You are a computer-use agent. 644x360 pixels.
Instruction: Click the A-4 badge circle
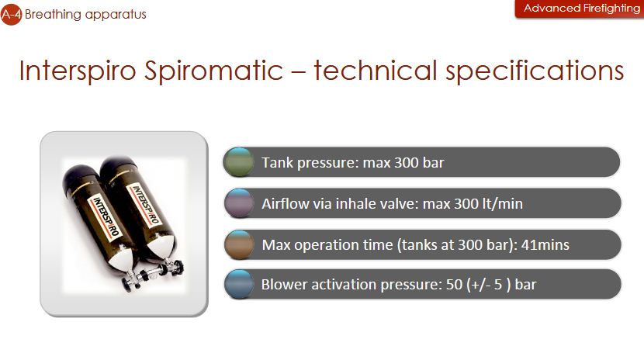(x=11, y=15)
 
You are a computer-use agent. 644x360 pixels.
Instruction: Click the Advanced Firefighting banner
(x=580, y=9)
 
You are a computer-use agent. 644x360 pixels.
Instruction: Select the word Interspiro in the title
(x=78, y=70)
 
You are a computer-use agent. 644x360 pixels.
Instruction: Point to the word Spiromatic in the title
(x=213, y=70)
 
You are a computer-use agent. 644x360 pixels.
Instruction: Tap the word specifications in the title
(x=535, y=71)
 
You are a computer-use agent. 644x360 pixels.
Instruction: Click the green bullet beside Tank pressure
(x=239, y=162)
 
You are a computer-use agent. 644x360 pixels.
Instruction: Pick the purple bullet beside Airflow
(x=239, y=203)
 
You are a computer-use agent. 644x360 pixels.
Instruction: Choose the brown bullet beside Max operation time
(x=239, y=244)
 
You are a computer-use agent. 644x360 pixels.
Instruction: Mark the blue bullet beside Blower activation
(x=239, y=284)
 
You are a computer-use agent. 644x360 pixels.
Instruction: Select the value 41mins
(x=545, y=245)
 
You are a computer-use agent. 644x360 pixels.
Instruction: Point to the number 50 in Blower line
(x=454, y=285)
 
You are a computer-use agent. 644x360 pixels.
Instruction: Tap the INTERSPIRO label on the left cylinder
(x=106, y=216)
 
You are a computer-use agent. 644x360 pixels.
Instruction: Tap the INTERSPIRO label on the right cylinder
(x=144, y=204)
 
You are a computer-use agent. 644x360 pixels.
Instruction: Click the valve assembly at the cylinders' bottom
(x=152, y=274)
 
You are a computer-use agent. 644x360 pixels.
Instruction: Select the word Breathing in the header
(x=53, y=15)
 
